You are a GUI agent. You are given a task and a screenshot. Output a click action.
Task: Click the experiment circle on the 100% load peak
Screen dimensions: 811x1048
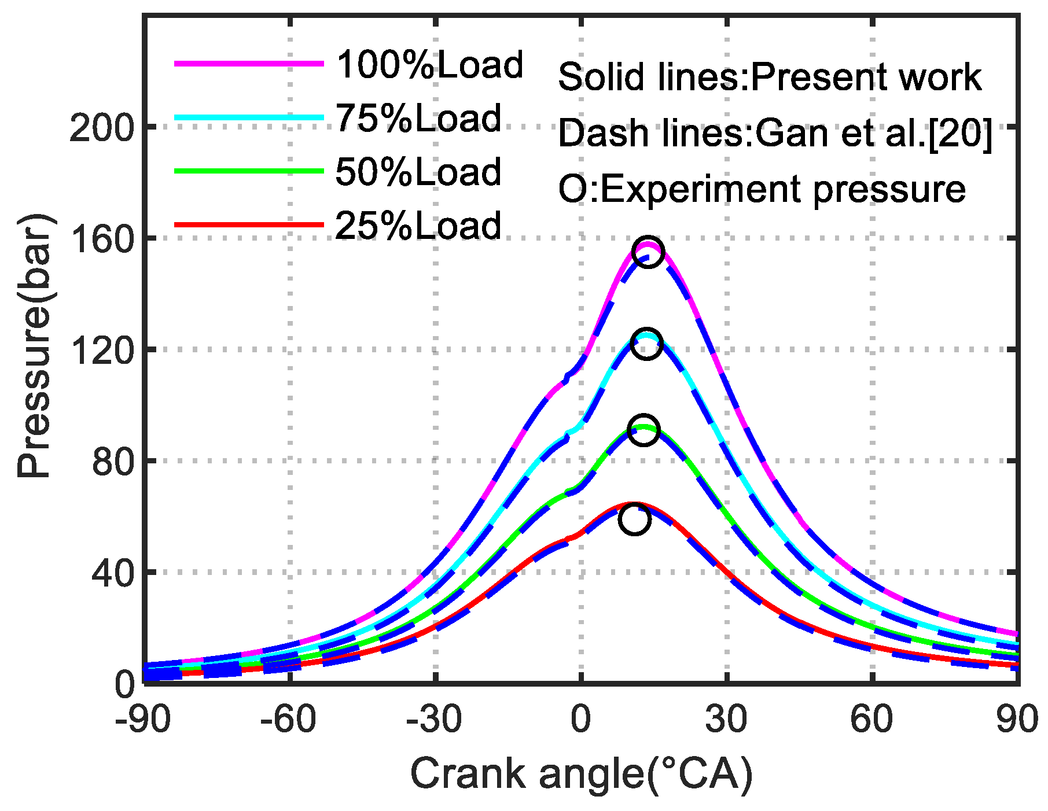tap(648, 252)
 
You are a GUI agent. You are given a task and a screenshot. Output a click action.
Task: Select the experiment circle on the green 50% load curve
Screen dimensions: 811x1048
tap(643, 430)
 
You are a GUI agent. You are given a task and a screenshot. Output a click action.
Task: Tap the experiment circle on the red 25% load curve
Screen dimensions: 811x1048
tap(634, 519)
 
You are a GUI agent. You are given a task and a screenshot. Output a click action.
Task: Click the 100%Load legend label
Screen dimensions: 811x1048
tap(430, 65)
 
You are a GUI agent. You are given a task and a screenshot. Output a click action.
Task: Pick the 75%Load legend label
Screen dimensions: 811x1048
tap(418, 119)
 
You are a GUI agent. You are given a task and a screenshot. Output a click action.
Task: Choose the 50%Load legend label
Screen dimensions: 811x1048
tap(418, 172)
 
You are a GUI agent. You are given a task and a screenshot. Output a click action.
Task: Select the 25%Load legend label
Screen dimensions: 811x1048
tap(418, 226)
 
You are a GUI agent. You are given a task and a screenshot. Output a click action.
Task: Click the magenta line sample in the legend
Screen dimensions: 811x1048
tap(249, 64)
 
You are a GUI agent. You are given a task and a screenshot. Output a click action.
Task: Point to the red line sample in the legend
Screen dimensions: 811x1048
tap(249, 224)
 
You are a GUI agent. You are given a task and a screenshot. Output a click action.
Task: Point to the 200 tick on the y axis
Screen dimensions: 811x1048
tap(102, 127)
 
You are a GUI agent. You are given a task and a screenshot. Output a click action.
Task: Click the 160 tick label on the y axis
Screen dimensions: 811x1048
tap(102, 239)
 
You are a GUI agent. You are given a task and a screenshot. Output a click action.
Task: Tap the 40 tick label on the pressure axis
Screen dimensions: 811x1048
tap(113, 573)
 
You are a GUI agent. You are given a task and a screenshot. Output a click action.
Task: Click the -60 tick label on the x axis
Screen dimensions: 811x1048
tap(288, 720)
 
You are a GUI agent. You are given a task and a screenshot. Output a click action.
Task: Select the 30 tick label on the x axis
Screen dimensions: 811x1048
tap(727, 720)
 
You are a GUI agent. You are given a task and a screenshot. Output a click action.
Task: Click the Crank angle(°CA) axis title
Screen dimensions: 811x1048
tap(582, 774)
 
